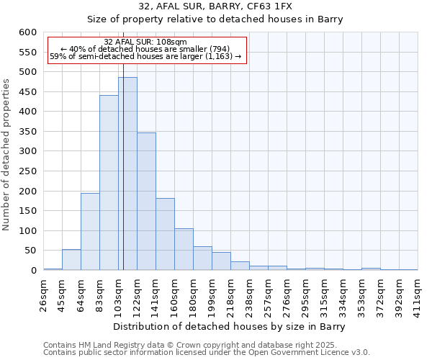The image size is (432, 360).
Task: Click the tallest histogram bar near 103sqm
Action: (x=127, y=174)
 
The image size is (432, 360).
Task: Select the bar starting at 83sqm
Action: (x=109, y=183)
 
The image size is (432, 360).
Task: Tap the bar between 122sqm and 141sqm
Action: (x=146, y=202)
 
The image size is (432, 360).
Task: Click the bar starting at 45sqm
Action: (x=71, y=260)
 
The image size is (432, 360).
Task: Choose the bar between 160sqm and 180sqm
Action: (x=184, y=249)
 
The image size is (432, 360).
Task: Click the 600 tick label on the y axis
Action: (x=28, y=32)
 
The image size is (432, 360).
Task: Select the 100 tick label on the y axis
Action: (x=28, y=231)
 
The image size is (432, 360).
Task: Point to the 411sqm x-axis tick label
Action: (x=418, y=295)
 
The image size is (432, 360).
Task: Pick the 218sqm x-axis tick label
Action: (x=231, y=295)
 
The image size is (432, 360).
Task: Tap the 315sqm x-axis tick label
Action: (x=325, y=295)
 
